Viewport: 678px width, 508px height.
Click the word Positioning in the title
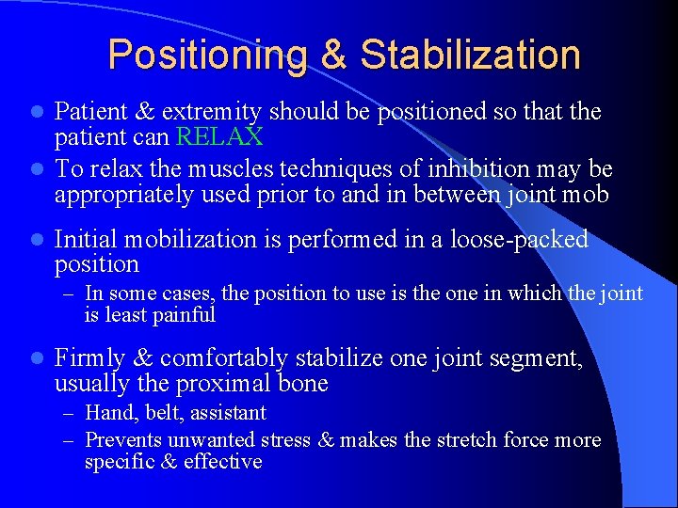(x=208, y=56)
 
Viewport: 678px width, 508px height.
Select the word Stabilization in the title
(x=470, y=56)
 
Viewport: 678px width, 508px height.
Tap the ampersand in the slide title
(x=334, y=56)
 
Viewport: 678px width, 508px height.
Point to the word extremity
(x=213, y=113)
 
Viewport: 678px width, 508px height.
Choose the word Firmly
(x=90, y=358)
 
